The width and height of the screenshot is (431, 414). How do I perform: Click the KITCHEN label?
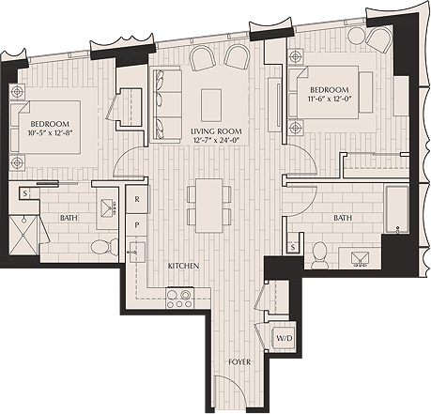tap(184, 267)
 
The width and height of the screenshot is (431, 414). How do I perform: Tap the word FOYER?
tap(239, 360)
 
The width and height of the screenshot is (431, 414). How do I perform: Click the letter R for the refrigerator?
tap(137, 199)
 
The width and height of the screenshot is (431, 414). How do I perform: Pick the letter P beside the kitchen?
tap(137, 225)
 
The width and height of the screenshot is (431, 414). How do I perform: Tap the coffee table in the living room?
tap(211, 99)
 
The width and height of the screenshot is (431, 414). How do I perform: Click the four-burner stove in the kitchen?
tap(179, 299)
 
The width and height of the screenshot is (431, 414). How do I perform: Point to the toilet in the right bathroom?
tap(318, 252)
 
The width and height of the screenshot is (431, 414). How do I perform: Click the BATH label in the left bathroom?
tap(69, 219)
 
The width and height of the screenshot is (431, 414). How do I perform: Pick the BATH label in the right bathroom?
tap(342, 217)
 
